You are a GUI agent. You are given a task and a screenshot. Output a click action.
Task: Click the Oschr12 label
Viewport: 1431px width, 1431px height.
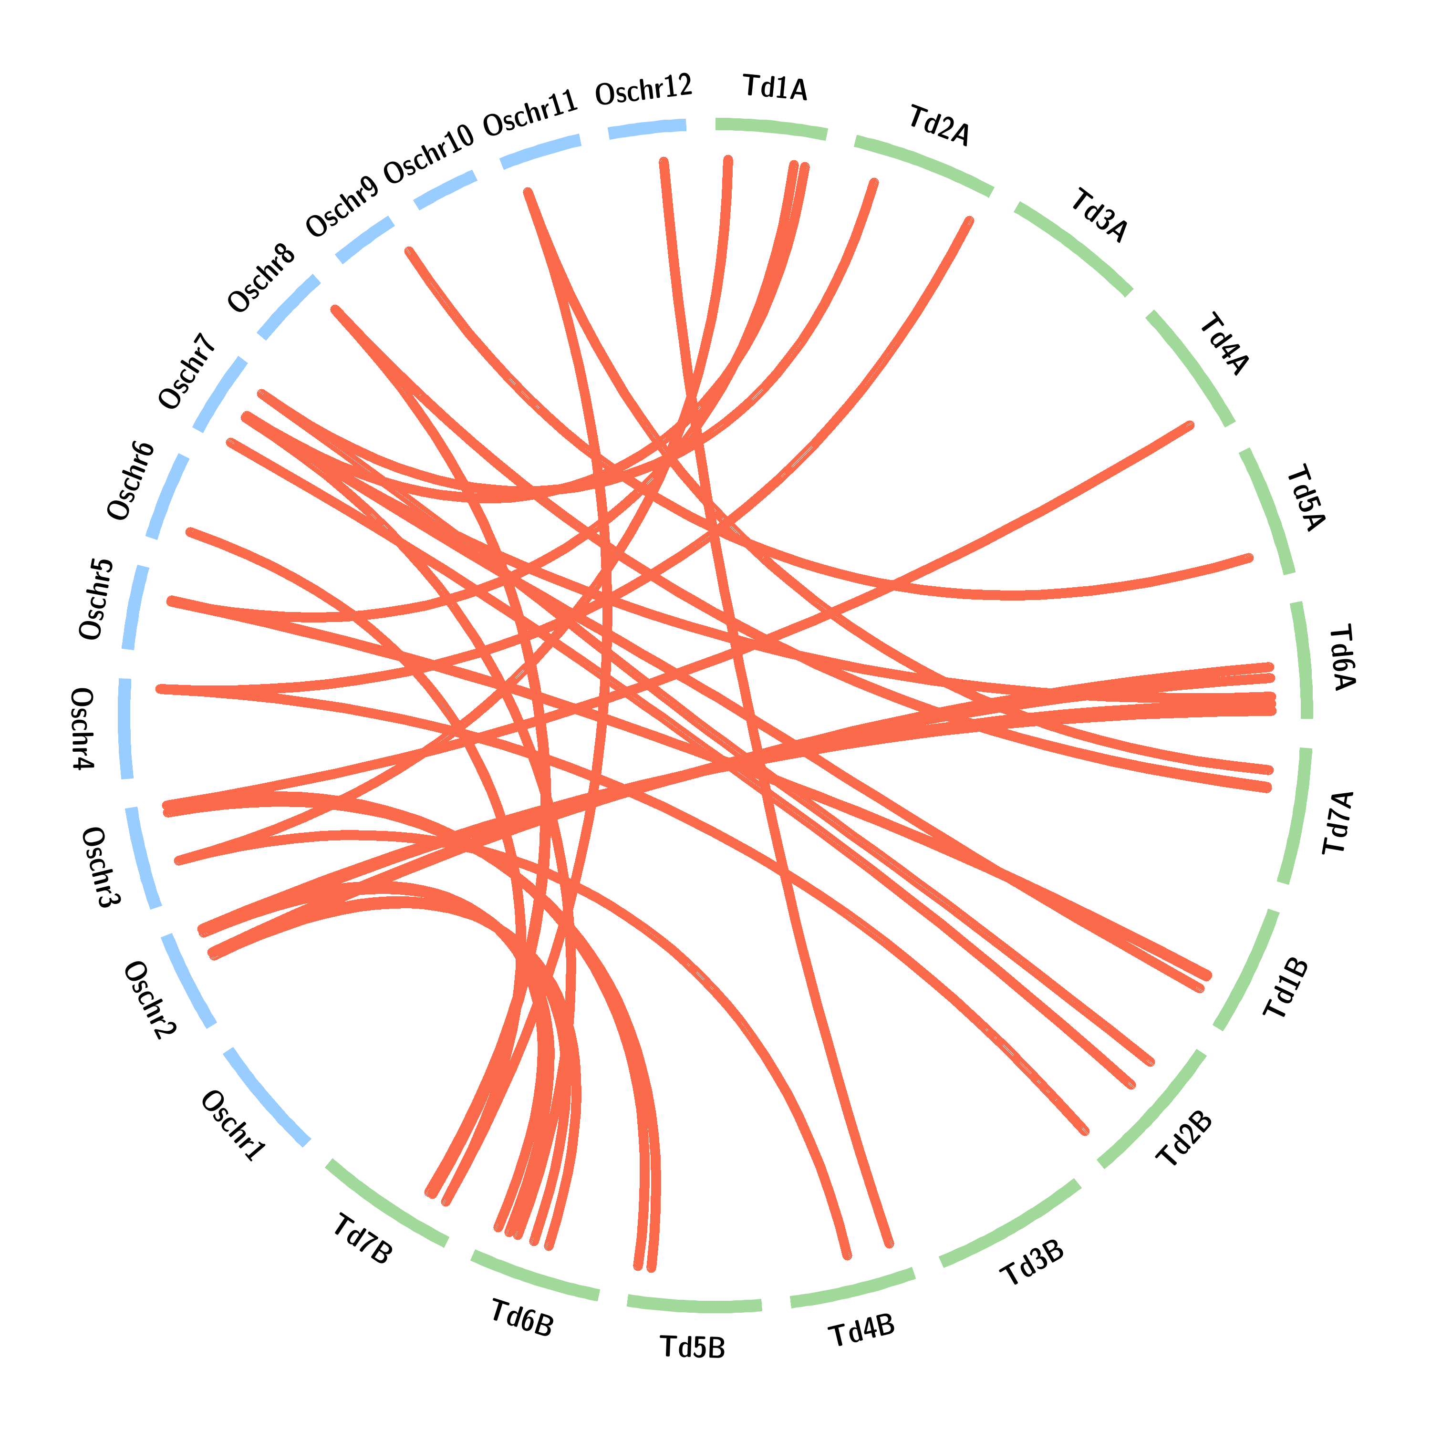(x=643, y=90)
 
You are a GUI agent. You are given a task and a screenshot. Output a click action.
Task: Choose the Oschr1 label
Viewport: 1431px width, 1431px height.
(x=233, y=1126)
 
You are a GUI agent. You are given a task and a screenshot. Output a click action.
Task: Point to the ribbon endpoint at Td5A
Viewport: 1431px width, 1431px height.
(x=1250, y=558)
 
